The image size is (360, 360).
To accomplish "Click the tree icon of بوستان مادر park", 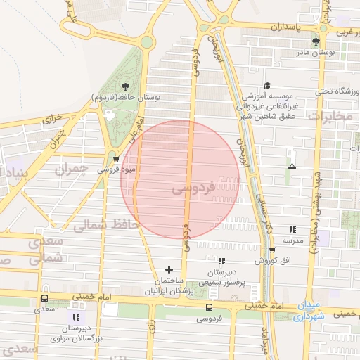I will click(x=324, y=41).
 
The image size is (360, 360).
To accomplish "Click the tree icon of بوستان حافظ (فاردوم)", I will click(x=125, y=86).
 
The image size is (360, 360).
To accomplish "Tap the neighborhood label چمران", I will click(x=72, y=169).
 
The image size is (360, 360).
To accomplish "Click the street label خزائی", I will click(x=52, y=120).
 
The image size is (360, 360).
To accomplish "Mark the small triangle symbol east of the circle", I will click(x=292, y=166).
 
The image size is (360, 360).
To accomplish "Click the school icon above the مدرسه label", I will click(x=292, y=229).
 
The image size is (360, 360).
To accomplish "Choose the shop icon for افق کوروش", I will click(x=271, y=250).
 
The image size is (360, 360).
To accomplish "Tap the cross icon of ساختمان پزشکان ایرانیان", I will click(x=168, y=269).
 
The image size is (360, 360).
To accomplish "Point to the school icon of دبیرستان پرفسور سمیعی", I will click(x=221, y=262).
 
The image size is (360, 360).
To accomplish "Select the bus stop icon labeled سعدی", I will click(x=45, y=299).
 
